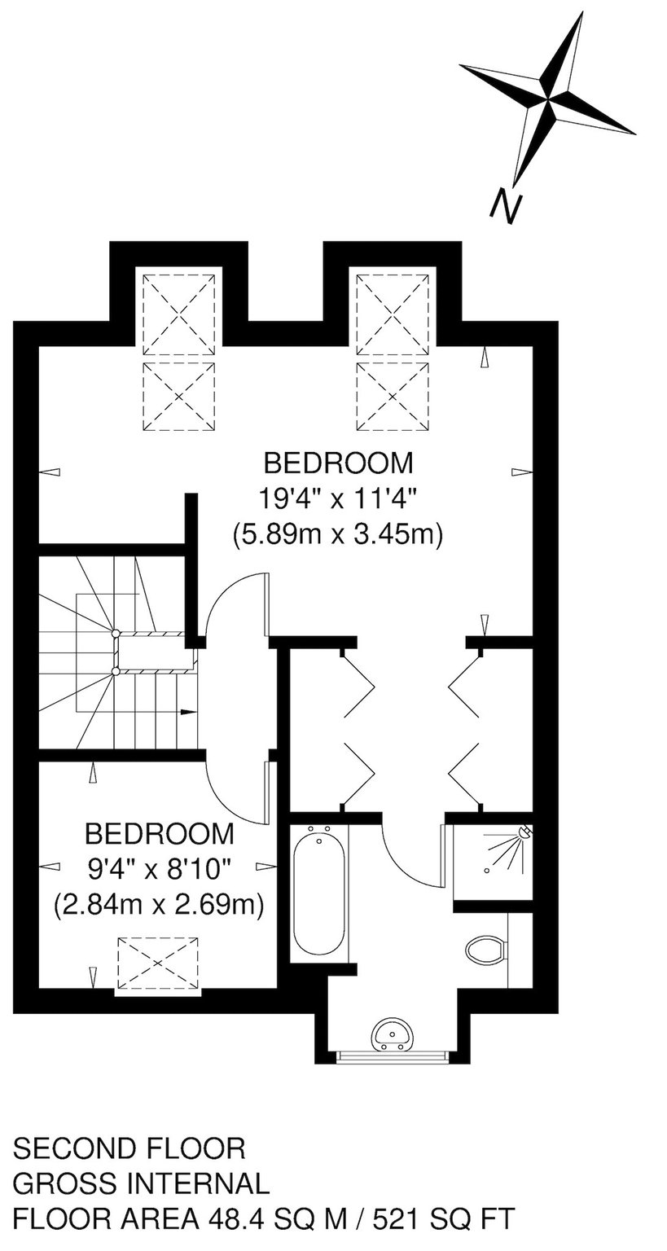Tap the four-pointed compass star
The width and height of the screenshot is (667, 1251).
click(x=548, y=97)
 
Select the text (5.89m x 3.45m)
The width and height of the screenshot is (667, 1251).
click(x=338, y=534)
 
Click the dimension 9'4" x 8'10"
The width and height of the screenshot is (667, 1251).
click(x=160, y=868)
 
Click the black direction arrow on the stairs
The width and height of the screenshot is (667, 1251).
click(x=188, y=712)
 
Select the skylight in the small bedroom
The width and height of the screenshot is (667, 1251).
click(x=157, y=965)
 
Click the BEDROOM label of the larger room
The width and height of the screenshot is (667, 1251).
click(x=339, y=463)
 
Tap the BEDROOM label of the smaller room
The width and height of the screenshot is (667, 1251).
click(x=160, y=834)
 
